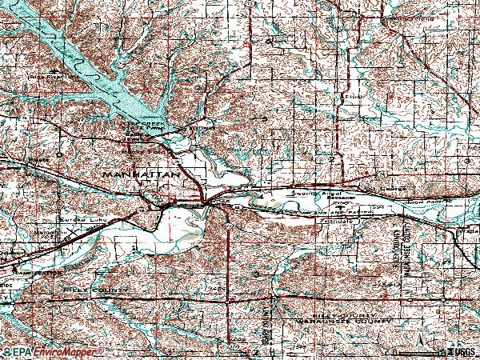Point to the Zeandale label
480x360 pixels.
click(334, 217)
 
